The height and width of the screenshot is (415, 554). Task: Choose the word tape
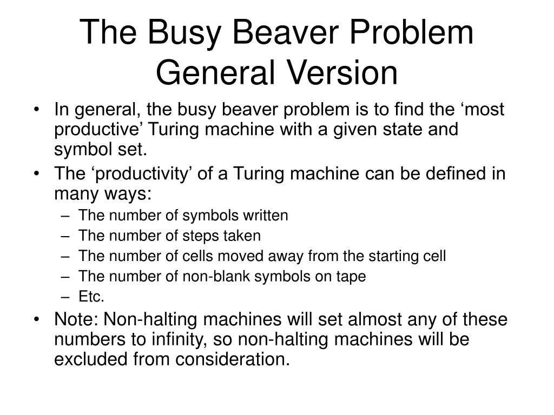point(353,277)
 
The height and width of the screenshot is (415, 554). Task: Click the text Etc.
point(91,297)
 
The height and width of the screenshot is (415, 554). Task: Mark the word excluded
point(92,359)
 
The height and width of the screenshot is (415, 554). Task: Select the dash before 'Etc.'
point(65,297)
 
